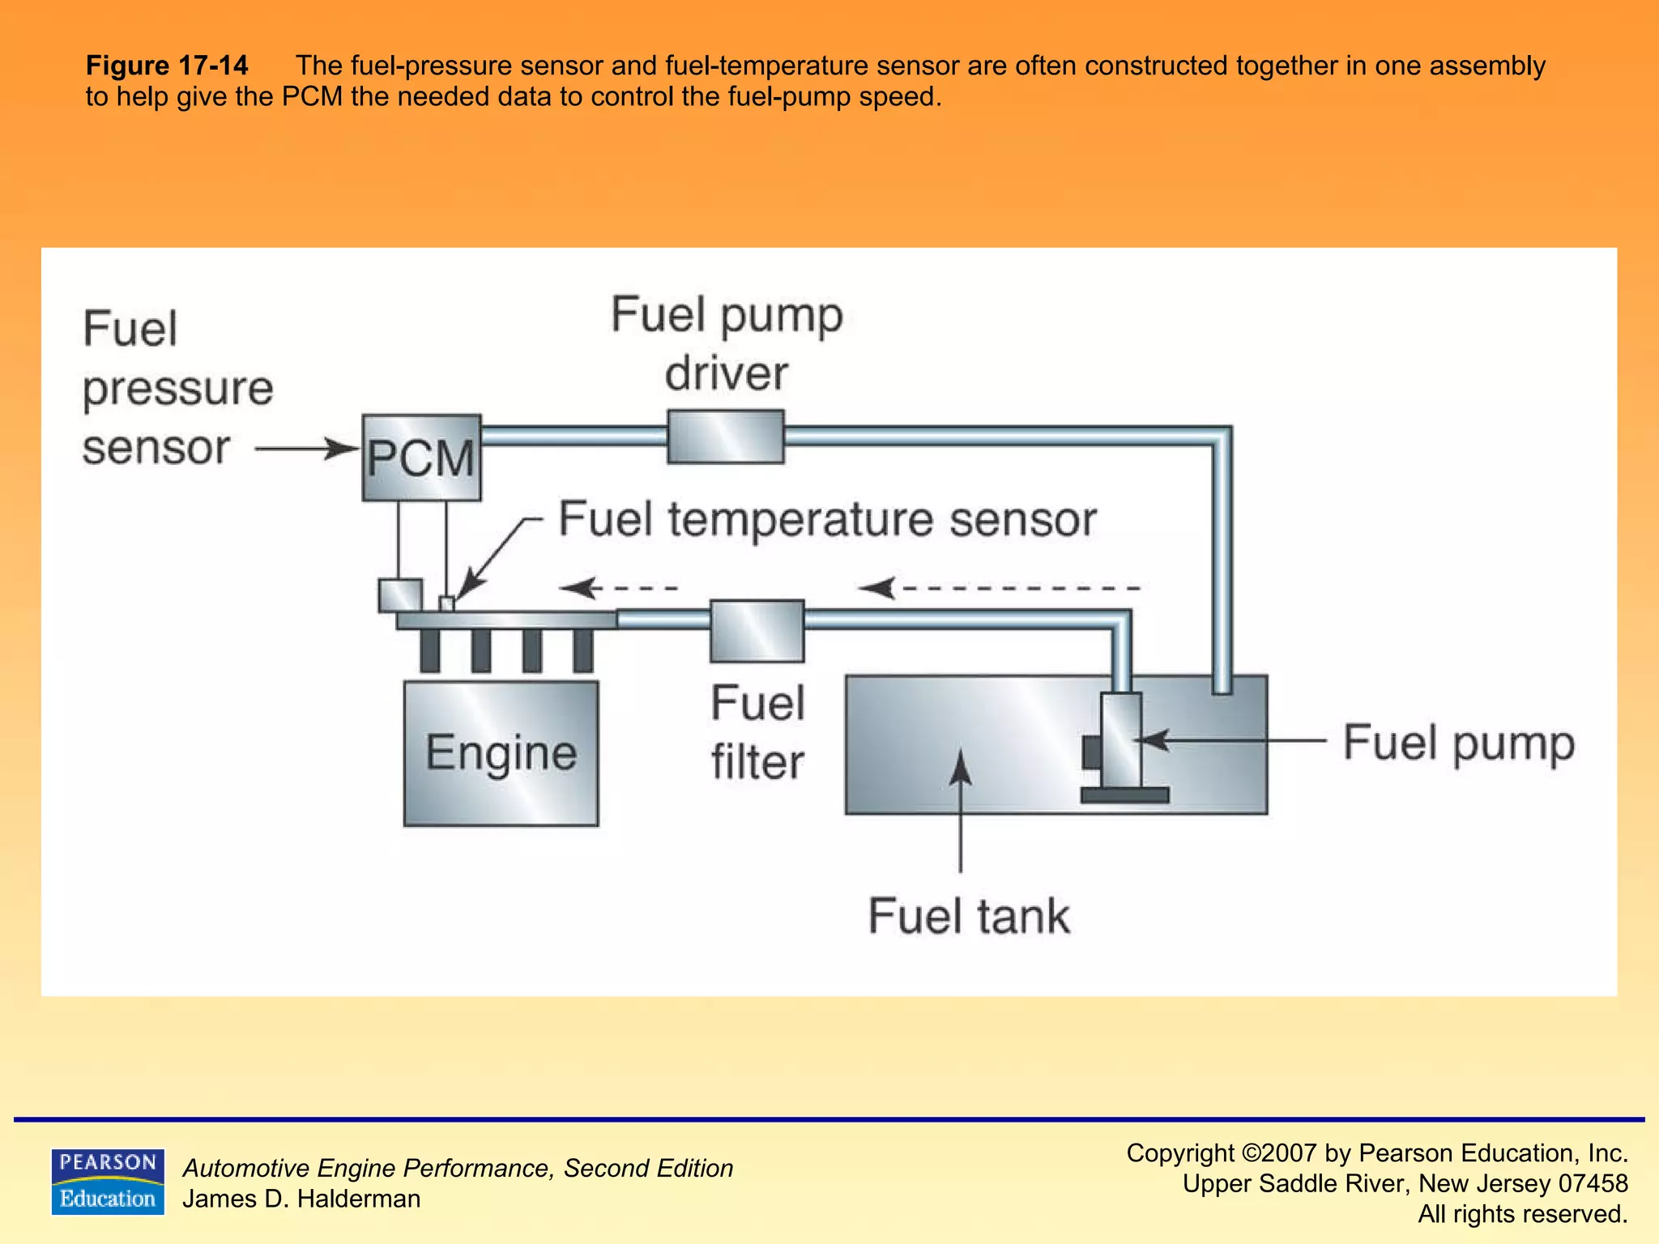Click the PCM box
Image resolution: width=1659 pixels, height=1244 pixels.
(x=421, y=458)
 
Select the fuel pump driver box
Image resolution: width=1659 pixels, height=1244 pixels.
(x=725, y=437)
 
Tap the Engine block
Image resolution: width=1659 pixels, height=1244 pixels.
(x=501, y=753)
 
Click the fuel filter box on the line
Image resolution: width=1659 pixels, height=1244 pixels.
(x=757, y=630)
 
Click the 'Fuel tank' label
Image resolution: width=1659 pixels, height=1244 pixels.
(x=968, y=916)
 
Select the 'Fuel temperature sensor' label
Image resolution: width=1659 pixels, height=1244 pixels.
(x=827, y=519)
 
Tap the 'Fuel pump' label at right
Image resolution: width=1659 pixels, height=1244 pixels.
(x=1458, y=743)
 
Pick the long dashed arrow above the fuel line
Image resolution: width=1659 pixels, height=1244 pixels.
(x=1000, y=588)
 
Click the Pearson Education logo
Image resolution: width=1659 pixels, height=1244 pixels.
(x=108, y=1182)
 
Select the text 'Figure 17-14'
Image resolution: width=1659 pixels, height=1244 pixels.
(x=167, y=66)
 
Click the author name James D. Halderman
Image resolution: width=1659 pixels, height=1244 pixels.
(x=301, y=1199)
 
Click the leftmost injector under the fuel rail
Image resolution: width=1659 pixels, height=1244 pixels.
(x=430, y=650)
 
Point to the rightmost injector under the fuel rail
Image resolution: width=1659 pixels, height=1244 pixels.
(x=582, y=650)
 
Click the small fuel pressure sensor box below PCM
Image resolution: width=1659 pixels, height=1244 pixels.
(x=400, y=595)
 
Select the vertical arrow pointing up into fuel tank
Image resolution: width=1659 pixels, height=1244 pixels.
(x=961, y=810)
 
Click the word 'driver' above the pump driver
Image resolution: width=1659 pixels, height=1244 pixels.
(x=726, y=373)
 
